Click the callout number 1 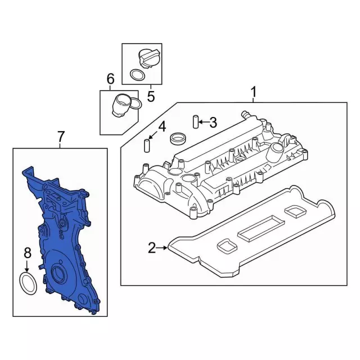click(x=253, y=92)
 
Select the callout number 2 click(x=152, y=247)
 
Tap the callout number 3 click(x=213, y=123)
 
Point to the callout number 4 click(x=162, y=127)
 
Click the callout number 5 click(x=151, y=96)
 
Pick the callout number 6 click(x=110, y=79)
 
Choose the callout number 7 click(x=61, y=137)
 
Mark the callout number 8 click(x=28, y=253)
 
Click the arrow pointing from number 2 click(x=162, y=247)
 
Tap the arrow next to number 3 click(x=204, y=122)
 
